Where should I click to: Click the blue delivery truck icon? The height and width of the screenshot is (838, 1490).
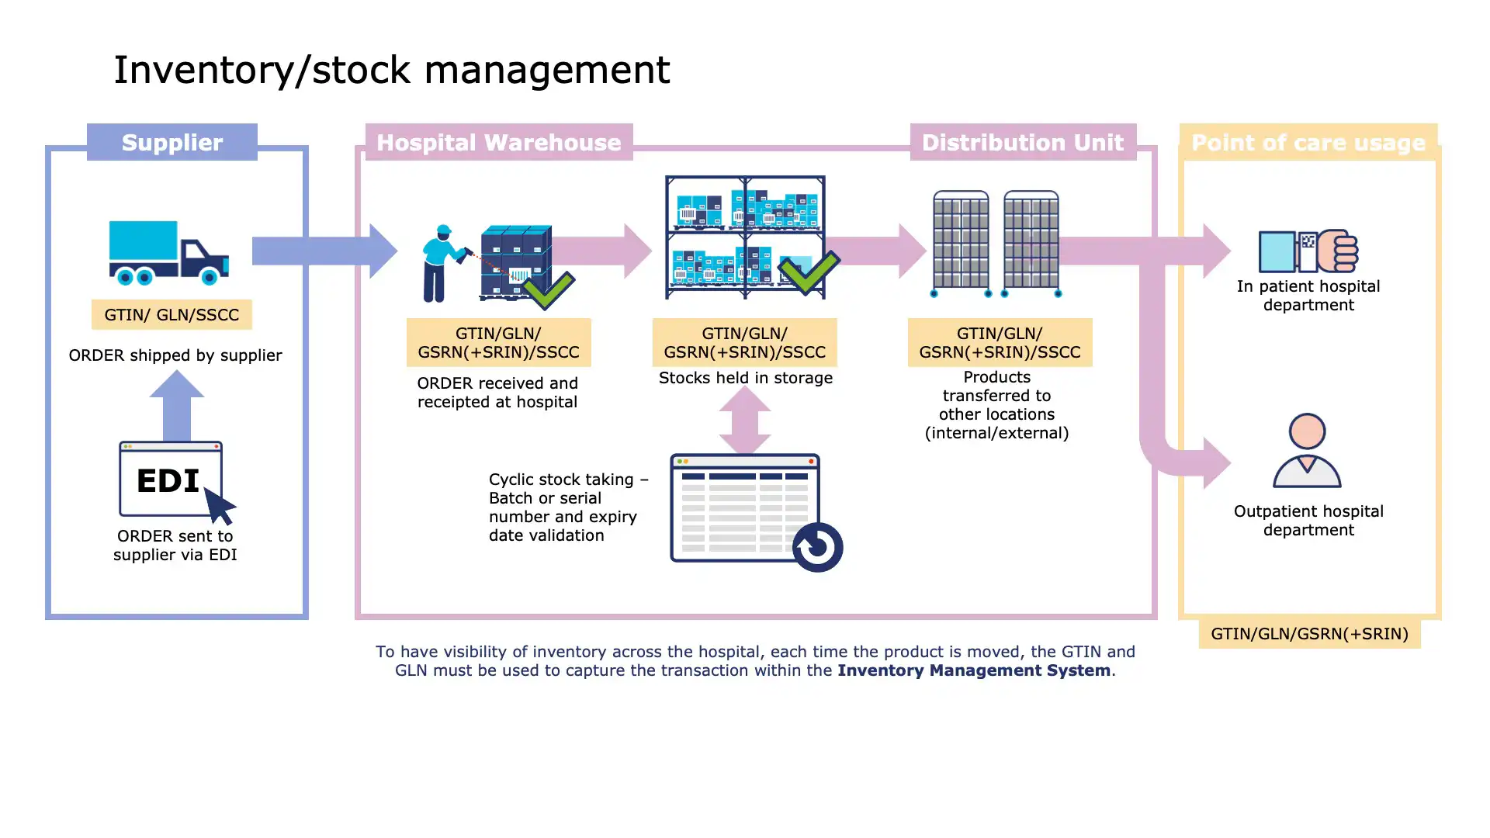point(168,252)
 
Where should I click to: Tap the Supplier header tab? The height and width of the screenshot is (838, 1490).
point(172,143)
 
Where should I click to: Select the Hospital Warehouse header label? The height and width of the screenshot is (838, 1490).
point(498,143)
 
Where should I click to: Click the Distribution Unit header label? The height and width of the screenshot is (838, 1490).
point(1022,143)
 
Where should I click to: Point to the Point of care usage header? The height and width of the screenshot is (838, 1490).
point(1308,143)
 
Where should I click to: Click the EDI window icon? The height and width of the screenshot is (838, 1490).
point(171,480)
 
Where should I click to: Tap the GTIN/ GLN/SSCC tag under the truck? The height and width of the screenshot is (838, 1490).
point(172,315)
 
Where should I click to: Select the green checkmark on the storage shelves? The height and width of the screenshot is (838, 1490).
point(809,272)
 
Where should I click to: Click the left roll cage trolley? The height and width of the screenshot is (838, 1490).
point(961,244)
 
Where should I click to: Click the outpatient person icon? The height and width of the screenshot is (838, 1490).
point(1307,451)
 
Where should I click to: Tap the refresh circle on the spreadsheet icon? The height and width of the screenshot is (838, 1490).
point(817,547)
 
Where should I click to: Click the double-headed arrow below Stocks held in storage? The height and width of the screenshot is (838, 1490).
point(745,420)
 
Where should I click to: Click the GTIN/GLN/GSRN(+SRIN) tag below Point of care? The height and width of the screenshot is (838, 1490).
point(1309,634)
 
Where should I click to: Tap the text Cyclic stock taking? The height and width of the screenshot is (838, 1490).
point(561,480)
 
